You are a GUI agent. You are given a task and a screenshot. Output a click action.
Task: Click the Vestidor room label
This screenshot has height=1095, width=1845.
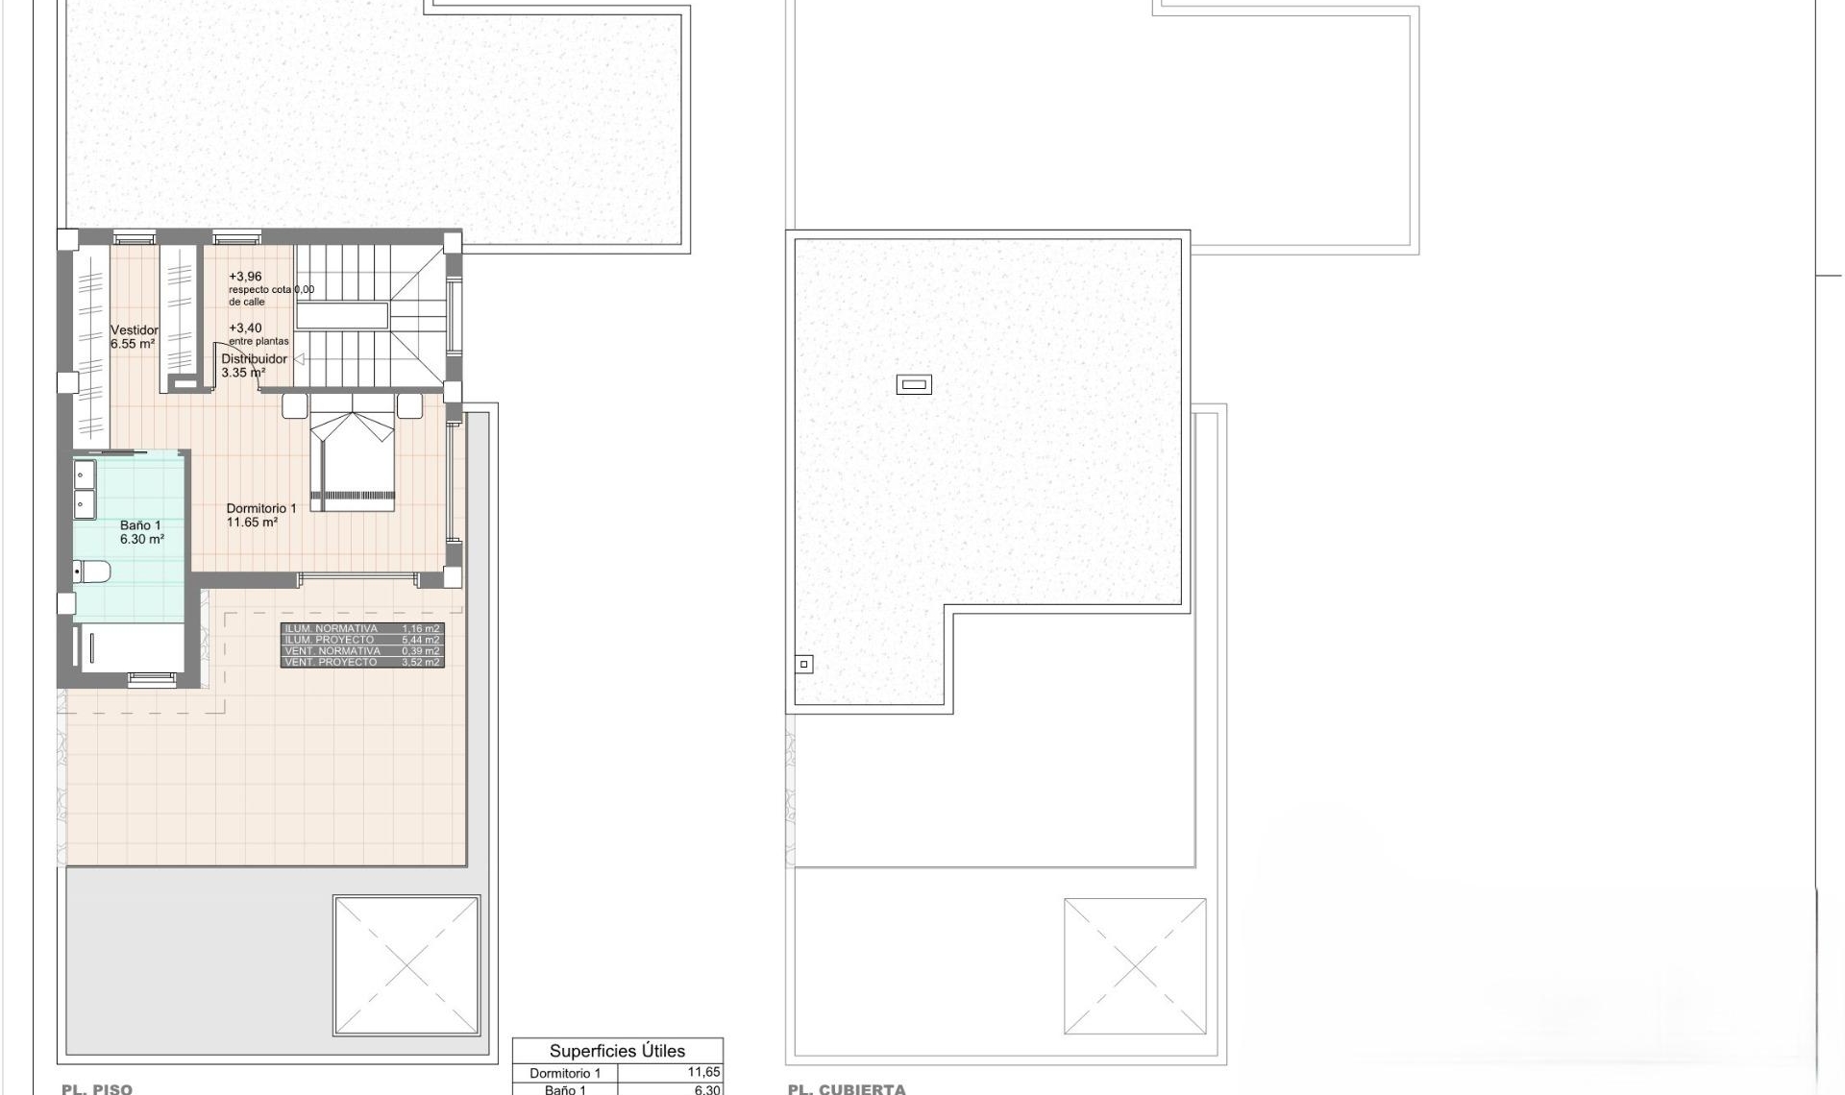134,330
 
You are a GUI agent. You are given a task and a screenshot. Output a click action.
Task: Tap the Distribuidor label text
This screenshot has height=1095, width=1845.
254,359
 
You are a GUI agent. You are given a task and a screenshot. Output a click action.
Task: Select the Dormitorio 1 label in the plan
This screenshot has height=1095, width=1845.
260,509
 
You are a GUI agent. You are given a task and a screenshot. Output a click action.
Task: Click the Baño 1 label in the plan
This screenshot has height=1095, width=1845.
140,526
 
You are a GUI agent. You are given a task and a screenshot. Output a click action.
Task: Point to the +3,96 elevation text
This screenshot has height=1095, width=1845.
245,277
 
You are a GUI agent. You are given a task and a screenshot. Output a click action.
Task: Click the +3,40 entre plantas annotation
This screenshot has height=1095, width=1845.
245,328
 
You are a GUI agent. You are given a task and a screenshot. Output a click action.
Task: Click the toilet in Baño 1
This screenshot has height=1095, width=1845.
92,572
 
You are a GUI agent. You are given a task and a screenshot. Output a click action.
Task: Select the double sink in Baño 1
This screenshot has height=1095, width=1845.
85,489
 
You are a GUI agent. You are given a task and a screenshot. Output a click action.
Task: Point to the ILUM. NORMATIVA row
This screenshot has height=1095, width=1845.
362,629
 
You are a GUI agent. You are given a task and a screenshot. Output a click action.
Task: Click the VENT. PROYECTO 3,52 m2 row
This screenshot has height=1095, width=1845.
362,663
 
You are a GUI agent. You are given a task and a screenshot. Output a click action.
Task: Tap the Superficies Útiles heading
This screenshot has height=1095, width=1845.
617,1051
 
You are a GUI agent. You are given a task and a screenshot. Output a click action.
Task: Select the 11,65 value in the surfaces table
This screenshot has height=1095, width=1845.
702,1073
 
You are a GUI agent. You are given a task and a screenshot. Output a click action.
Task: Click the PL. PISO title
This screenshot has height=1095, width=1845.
97,1088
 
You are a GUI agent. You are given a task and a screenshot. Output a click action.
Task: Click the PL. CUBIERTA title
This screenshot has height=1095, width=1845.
846,1088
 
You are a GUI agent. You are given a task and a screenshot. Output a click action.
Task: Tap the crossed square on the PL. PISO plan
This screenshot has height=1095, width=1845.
406,966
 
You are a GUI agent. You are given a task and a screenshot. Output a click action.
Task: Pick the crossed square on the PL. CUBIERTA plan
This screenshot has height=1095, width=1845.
1135,966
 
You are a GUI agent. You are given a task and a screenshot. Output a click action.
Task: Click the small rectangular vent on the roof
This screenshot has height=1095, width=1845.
914,385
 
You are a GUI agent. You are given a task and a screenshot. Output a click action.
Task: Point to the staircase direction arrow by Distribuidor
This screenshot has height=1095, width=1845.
299,359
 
